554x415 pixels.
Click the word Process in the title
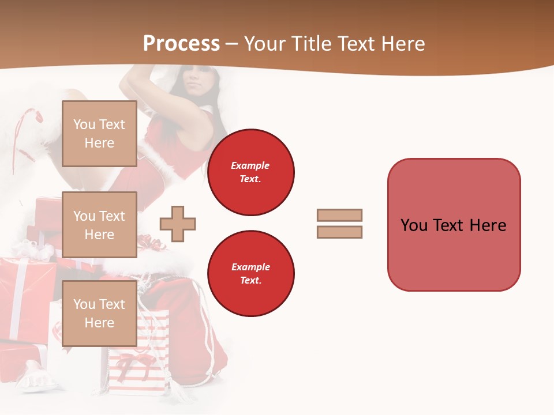(181, 44)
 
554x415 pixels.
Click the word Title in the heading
(311, 44)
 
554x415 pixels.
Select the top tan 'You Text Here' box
(99, 134)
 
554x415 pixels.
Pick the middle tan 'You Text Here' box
(99, 225)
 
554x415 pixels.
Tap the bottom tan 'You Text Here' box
(99, 313)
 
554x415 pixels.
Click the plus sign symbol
(178, 224)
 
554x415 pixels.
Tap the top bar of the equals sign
(339, 215)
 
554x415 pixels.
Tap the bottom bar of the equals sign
(339, 232)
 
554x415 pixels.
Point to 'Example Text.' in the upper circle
(250, 172)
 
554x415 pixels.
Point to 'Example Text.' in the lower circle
(250, 273)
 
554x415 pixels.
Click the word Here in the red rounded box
(488, 225)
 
